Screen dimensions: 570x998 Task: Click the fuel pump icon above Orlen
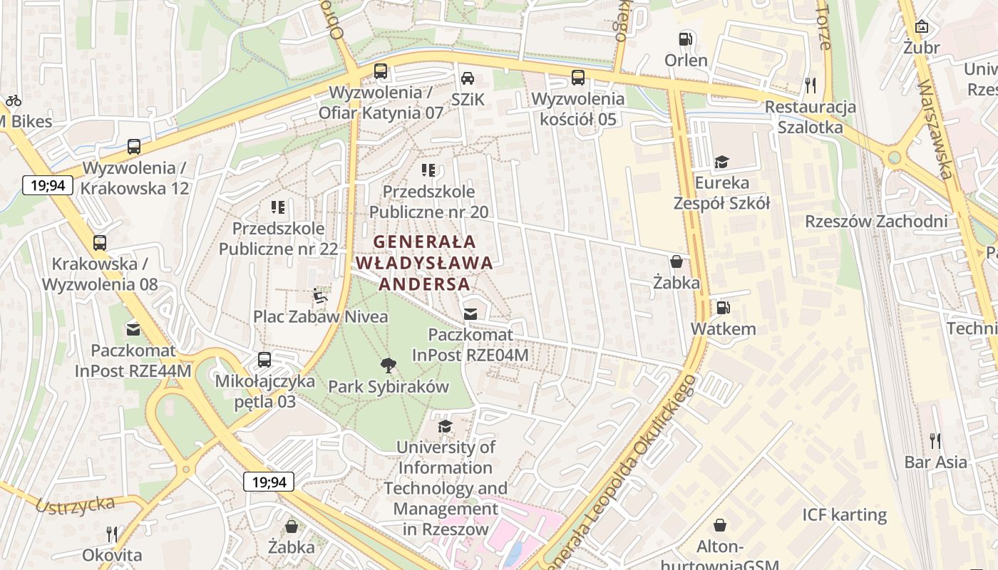click(686, 38)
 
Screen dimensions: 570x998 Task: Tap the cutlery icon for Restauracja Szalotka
click(810, 85)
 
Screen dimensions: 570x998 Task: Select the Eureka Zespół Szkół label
click(721, 193)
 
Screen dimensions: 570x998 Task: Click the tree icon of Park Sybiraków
click(389, 366)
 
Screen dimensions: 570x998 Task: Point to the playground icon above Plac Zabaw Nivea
click(321, 295)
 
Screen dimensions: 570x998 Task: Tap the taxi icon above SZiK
click(467, 78)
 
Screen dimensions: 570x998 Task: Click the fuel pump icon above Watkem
click(723, 308)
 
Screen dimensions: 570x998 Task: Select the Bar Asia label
click(936, 462)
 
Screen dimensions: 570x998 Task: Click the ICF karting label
click(844, 514)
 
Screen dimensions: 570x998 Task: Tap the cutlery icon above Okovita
click(112, 534)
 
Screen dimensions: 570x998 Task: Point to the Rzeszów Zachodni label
click(876, 221)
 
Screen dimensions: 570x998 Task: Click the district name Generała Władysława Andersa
click(424, 263)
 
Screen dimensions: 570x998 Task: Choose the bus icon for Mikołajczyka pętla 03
click(264, 360)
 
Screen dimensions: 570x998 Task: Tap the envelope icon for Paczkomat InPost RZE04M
click(470, 313)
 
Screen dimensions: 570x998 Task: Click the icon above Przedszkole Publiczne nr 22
click(278, 207)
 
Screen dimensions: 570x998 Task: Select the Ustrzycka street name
click(75, 504)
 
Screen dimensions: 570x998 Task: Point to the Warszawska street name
click(935, 128)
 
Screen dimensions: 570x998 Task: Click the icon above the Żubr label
click(922, 26)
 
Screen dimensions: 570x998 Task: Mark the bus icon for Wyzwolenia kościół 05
click(578, 78)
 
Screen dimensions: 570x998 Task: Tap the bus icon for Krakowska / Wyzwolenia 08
click(100, 242)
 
